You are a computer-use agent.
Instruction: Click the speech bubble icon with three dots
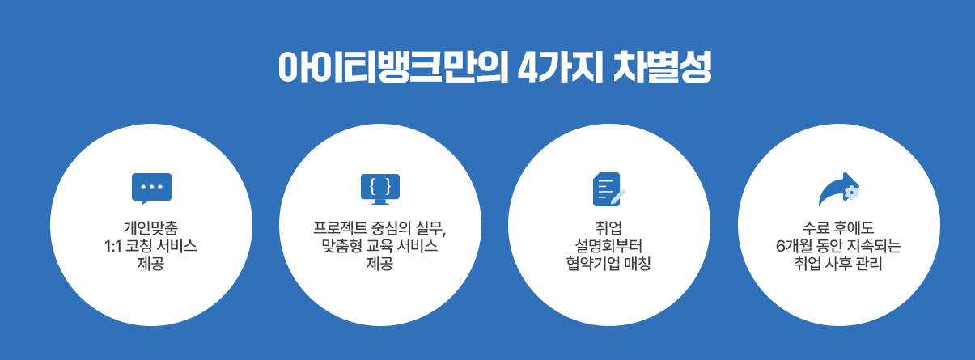pos(151,188)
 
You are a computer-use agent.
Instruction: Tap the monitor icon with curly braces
pos(380,188)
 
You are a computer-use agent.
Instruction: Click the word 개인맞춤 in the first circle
pos(151,227)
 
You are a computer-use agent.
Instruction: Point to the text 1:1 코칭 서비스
pos(151,246)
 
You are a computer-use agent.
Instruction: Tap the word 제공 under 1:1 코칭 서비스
pos(151,265)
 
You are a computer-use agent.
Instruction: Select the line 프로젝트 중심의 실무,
pos(380,227)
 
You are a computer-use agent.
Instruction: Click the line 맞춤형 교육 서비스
pos(380,246)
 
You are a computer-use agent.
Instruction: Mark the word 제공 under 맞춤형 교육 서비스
pos(380,265)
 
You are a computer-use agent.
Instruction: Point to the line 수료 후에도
pos(837,227)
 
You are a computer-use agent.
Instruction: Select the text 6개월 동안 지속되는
pos(837,246)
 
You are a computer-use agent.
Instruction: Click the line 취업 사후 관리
pos(837,265)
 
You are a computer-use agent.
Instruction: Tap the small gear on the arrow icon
pos(850,192)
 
